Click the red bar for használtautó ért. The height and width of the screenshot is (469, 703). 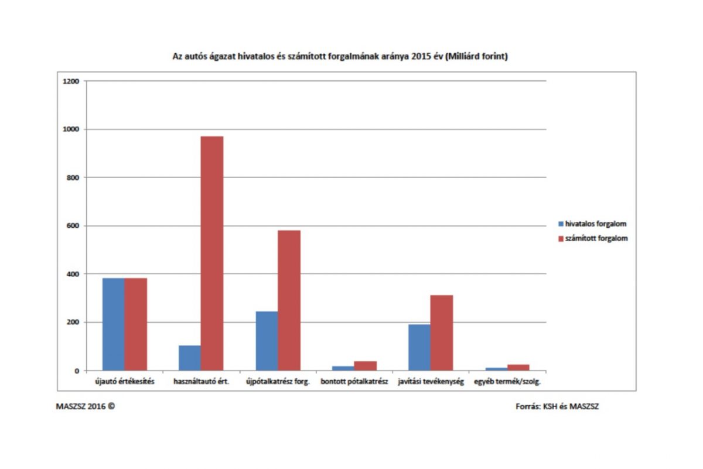212,253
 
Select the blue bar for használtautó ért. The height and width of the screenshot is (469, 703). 189,358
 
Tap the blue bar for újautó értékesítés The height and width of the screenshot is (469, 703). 113,324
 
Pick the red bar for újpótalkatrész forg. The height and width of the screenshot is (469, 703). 289,300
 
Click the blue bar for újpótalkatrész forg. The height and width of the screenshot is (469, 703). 267,341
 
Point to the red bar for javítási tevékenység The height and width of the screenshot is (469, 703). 442,333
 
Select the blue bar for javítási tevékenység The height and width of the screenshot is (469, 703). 419,347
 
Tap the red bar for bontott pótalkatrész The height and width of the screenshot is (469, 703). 366,366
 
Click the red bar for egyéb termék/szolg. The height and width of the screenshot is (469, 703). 518,367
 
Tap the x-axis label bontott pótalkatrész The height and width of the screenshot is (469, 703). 354,382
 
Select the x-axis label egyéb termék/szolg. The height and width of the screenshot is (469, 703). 507,382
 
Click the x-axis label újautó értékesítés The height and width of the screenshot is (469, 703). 125,382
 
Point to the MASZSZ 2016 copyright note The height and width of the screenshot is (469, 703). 86,406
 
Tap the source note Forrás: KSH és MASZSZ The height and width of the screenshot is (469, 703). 557,406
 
